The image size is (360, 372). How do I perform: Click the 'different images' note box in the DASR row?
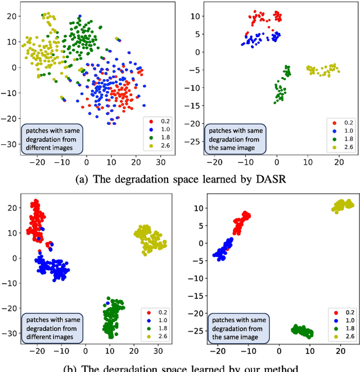click(51, 138)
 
